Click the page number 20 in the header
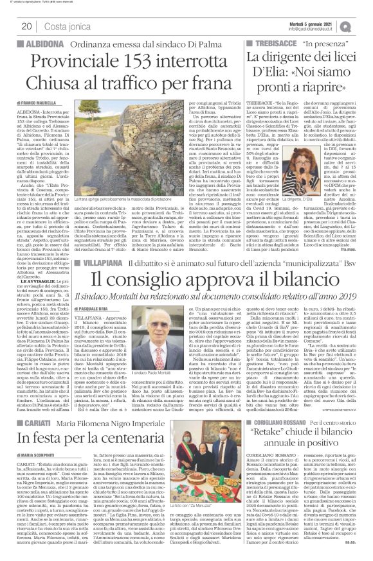[x=27, y=26]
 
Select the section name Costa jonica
[x=63, y=26]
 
